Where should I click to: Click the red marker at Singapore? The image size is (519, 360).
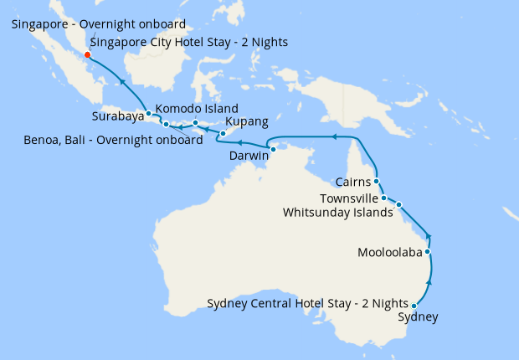(88, 56)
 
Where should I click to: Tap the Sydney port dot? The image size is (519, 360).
(414, 306)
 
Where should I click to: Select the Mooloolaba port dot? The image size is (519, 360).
(428, 252)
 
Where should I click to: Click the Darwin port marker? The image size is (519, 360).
(273, 149)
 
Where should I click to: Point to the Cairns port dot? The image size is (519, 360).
(377, 181)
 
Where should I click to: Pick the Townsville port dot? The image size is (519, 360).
(383, 198)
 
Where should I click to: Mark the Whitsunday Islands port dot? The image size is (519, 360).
(399, 204)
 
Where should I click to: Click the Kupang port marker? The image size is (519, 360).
(223, 134)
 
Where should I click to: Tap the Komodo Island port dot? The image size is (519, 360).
(195, 123)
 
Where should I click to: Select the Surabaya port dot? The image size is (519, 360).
(148, 113)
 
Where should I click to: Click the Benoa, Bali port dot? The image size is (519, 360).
(166, 125)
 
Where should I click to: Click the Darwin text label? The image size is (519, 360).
(249, 156)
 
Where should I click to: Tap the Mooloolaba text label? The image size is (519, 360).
(389, 252)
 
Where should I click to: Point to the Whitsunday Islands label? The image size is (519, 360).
(337, 212)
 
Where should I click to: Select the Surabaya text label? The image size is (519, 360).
(117, 117)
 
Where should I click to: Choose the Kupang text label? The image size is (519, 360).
(247, 121)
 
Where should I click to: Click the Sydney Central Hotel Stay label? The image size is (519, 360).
(307, 303)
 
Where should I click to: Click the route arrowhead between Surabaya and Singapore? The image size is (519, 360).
(122, 82)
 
